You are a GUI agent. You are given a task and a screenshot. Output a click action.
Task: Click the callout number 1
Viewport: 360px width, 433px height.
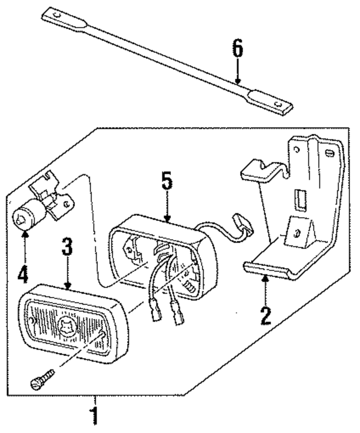click(x=95, y=417)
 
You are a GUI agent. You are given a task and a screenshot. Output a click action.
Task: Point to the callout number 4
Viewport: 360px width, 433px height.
click(x=23, y=274)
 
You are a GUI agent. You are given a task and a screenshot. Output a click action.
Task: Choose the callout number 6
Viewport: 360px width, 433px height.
click(x=238, y=50)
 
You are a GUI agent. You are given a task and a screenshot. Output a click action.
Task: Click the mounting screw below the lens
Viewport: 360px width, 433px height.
click(x=44, y=378)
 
